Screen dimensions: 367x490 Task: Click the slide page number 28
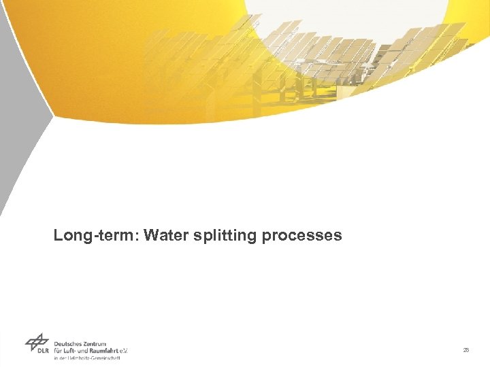click(465, 350)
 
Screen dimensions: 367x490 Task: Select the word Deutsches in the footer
click(69, 343)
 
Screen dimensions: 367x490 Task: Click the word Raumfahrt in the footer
click(102, 351)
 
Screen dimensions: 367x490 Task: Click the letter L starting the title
click(59, 236)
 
